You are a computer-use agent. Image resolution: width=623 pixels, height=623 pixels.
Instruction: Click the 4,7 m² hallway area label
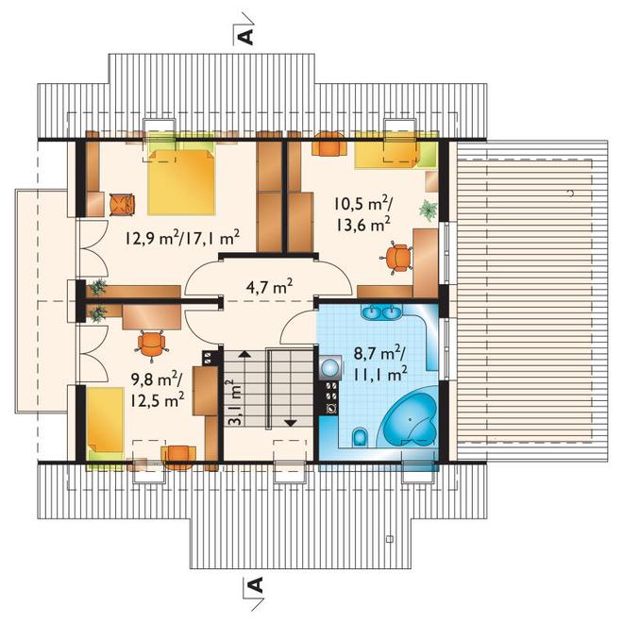click(269, 286)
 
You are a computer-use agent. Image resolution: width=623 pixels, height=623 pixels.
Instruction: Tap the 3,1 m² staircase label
click(236, 403)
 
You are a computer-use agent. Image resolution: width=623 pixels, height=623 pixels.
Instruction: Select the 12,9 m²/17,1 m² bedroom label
click(182, 238)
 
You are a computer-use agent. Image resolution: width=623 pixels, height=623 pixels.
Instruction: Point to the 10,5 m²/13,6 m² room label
click(362, 214)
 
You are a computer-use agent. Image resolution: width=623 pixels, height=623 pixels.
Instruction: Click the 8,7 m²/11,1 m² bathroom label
click(379, 364)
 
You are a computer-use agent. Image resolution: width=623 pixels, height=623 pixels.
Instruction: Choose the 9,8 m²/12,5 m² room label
click(157, 390)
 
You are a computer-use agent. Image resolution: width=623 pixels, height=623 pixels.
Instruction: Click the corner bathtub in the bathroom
click(410, 417)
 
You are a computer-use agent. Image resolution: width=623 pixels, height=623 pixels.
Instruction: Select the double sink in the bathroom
click(382, 311)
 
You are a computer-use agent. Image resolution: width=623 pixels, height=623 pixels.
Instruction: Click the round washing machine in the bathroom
click(330, 367)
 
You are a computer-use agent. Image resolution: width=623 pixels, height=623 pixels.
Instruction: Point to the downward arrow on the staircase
click(292, 423)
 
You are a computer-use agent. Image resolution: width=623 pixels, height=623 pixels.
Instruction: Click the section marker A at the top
click(246, 36)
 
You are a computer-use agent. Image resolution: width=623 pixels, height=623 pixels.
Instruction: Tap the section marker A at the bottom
click(257, 584)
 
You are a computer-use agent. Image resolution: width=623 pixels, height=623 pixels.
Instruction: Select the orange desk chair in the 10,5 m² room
click(396, 258)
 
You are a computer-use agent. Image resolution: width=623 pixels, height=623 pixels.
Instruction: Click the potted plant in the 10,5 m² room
click(429, 210)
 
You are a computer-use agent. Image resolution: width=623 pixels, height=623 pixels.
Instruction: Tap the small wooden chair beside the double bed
click(122, 205)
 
